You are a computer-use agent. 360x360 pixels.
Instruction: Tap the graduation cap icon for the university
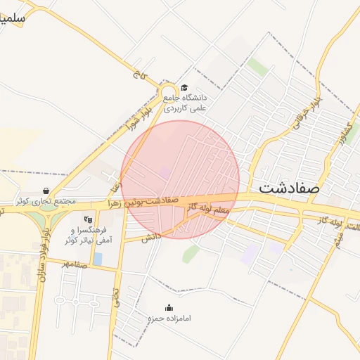[184, 88]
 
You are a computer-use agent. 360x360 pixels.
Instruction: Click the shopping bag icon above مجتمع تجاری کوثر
[46, 191]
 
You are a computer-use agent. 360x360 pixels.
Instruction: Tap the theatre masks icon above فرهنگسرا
[87, 219]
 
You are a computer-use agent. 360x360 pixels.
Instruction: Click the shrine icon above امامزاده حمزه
[169, 307]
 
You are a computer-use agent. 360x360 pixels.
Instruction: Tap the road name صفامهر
[73, 264]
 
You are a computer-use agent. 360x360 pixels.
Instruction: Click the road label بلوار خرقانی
[300, 109]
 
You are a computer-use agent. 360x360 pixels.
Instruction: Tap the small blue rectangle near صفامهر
[97, 259]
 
